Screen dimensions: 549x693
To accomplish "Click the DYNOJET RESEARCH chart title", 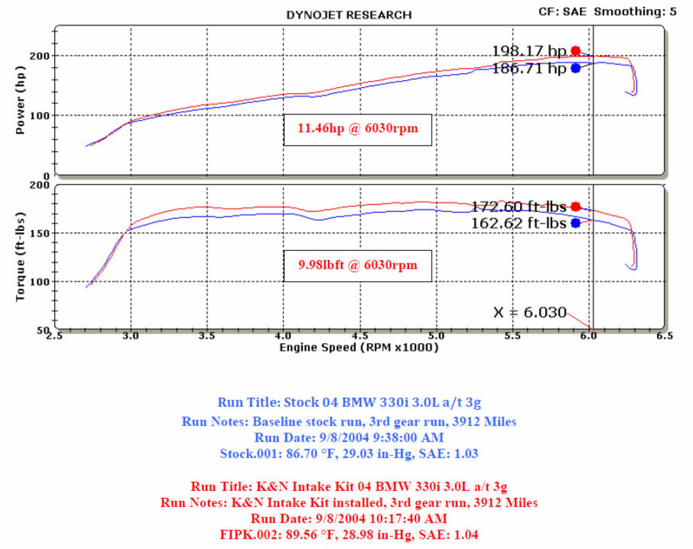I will point(349,15).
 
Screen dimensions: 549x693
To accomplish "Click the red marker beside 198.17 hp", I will point(576,51).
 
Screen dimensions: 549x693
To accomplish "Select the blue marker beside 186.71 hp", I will point(576,68).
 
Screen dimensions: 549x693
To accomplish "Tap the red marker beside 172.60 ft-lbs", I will point(576,207).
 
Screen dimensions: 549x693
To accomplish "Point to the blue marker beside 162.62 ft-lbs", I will point(576,223).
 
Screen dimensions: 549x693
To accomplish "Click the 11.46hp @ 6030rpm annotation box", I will point(357,128).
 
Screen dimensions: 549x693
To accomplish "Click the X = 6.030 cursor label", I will point(529,312).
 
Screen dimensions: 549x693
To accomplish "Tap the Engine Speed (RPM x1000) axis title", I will point(359,348).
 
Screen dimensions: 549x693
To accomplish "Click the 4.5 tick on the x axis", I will point(359,336).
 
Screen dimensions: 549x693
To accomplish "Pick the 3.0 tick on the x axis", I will point(130,336).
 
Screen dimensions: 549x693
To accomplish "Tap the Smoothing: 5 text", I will point(635,11).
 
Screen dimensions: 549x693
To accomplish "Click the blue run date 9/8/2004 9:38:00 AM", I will point(349,437).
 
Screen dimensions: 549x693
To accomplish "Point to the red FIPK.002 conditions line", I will point(349,534).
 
